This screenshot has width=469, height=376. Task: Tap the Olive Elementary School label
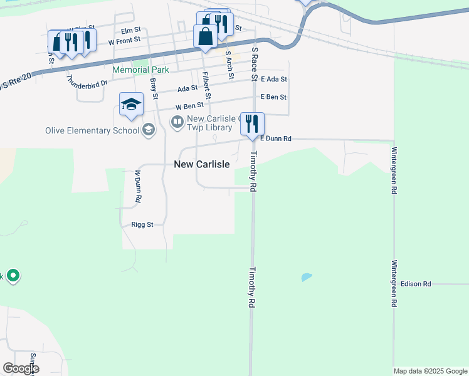point(92,130)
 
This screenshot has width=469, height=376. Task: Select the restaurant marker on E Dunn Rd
point(253,123)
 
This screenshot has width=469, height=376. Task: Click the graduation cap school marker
point(132,104)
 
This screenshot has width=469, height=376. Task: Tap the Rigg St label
point(142,224)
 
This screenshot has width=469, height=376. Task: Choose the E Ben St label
point(273,97)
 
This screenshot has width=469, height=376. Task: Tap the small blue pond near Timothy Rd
point(306,276)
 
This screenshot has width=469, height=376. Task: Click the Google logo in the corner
point(21,368)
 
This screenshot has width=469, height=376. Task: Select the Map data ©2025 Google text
point(430,371)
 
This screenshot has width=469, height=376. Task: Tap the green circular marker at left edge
point(13,276)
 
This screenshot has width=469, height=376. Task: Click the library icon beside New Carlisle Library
point(177,121)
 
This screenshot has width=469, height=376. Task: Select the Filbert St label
point(206,86)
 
